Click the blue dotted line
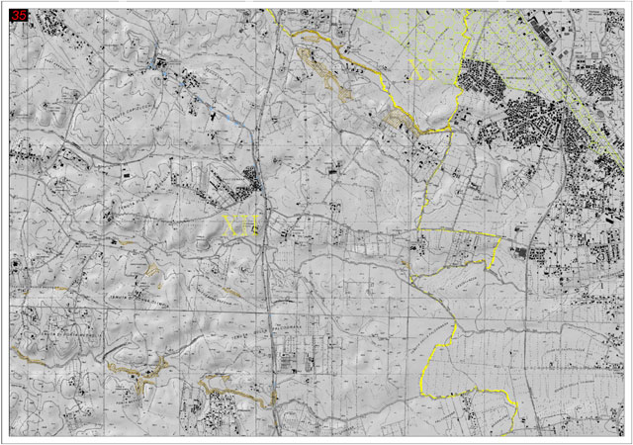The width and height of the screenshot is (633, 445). [198, 94]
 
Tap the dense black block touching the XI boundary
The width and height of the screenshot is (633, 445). [479, 79]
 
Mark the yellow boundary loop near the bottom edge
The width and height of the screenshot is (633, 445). [465, 391]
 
